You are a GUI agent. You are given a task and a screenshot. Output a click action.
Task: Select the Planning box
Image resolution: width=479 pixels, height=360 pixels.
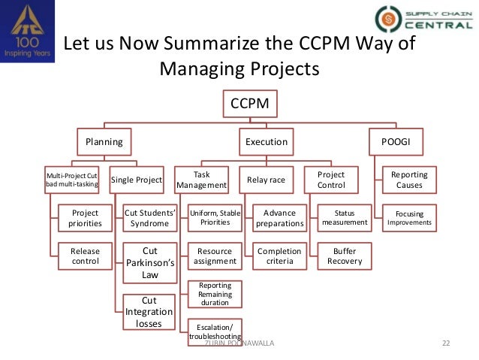(x=104, y=141)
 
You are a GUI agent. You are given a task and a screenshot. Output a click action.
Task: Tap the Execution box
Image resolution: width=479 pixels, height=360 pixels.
(x=267, y=141)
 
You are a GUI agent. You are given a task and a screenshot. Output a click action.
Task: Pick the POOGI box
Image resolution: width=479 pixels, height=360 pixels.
(x=396, y=141)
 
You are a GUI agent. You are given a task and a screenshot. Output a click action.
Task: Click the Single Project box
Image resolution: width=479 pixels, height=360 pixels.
(x=137, y=180)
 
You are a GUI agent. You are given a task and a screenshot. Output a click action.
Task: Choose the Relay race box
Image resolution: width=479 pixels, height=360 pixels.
(x=267, y=180)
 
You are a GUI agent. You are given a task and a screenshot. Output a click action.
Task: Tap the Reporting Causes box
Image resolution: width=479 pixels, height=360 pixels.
(x=409, y=179)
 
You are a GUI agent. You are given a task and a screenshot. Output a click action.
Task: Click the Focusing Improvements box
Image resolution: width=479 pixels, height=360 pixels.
(x=409, y=217)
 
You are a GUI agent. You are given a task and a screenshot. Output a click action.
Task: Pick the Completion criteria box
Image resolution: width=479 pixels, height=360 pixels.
(x=279, y=256)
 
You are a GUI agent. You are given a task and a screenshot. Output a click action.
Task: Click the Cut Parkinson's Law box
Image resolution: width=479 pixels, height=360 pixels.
(x=149, y=262)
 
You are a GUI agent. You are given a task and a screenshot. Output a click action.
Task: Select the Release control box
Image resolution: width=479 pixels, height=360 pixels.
(x=85, y=256)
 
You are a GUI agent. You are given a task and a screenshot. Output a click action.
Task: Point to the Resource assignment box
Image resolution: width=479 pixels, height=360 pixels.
(x=215, y=256)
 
